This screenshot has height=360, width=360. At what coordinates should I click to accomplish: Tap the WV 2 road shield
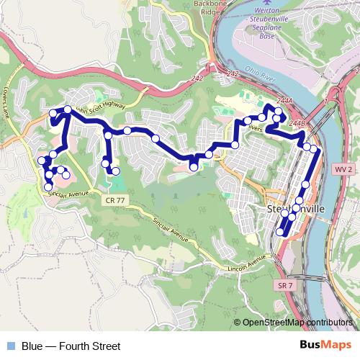[344, 168]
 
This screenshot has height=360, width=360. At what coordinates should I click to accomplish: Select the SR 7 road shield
[284, 286]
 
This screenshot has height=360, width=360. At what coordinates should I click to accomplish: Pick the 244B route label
[297, 124]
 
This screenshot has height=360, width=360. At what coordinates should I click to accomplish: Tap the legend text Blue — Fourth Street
[71, 346]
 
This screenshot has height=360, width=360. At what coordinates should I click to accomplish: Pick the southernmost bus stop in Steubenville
[279, 232]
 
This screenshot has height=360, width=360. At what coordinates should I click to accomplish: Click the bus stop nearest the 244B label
[307, 147]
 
